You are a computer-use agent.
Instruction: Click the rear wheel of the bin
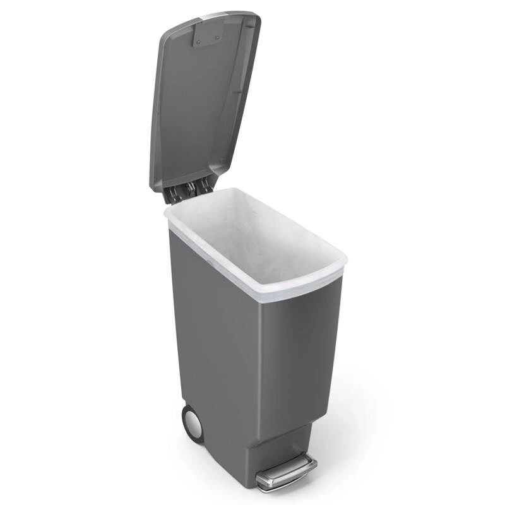pyautogui.click(x=191, y=422)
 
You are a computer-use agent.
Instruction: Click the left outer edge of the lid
pyautogui.click(x=153, y=126)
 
